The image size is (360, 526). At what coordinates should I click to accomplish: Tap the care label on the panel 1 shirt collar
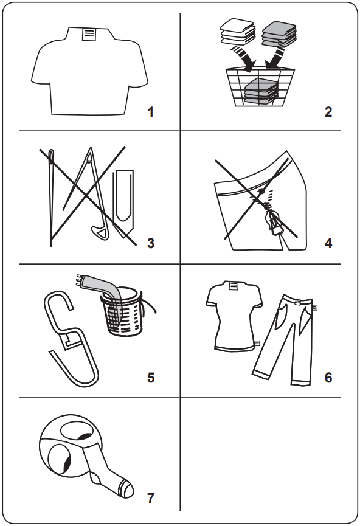point(89,34)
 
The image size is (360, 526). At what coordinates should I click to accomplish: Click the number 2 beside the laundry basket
point(328,112)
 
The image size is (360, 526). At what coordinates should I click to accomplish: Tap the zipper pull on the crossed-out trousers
point(277,229)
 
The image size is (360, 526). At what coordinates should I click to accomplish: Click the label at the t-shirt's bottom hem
point(258,343)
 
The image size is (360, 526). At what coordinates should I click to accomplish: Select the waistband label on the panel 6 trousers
point(299,301)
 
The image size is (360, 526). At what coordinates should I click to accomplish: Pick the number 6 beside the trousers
point(328,378)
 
